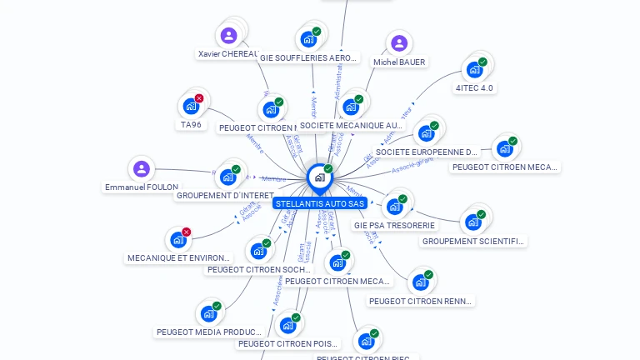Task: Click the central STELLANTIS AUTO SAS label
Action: [320, 203]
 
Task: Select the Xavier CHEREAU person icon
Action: [229, 36]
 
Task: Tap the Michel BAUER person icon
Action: [399, 43]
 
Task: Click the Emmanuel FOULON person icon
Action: [142, 169]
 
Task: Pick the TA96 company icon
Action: [191, 107]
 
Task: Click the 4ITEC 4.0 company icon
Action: [475, 69]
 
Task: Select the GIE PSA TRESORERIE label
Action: [394, 225]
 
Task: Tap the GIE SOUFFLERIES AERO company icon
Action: [308, 39]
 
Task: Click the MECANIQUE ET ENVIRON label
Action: [178, 258]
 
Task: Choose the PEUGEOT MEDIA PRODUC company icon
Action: [208, 314]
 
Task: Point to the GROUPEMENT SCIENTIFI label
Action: [473, 242]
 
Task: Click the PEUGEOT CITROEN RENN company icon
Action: [421, 282]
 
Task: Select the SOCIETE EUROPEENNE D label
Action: [427, 152]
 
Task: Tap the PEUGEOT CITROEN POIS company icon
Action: [287, 325]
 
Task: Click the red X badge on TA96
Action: [199, 98]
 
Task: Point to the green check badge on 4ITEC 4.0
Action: [483, 61]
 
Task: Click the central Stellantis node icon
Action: [319, 177]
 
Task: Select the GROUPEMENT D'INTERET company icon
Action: [227, 177]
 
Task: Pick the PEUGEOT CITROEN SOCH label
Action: [258, 270]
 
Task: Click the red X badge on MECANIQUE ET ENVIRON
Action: [186, 232]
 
